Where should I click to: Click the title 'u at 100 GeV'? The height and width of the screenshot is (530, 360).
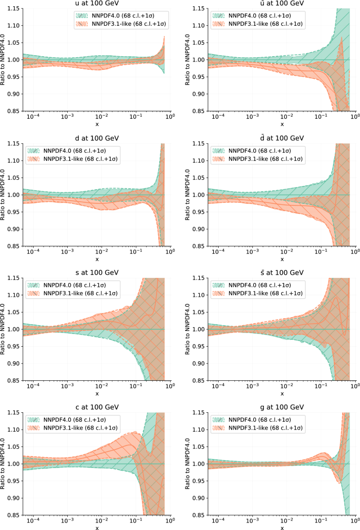click(97, 4)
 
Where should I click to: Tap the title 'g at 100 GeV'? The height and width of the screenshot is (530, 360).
click(282, 408)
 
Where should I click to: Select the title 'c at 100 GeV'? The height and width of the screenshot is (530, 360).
click(97, 408)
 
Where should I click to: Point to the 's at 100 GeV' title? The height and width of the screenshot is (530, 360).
click(97, 273)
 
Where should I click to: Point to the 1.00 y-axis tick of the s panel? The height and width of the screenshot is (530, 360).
click(14, 329)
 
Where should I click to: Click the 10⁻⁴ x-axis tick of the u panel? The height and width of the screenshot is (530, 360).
click(33, 118)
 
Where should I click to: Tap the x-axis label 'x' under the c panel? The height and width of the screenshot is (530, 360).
click(97, 527)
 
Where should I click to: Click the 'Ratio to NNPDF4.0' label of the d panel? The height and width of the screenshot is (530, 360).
click(4, 195)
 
